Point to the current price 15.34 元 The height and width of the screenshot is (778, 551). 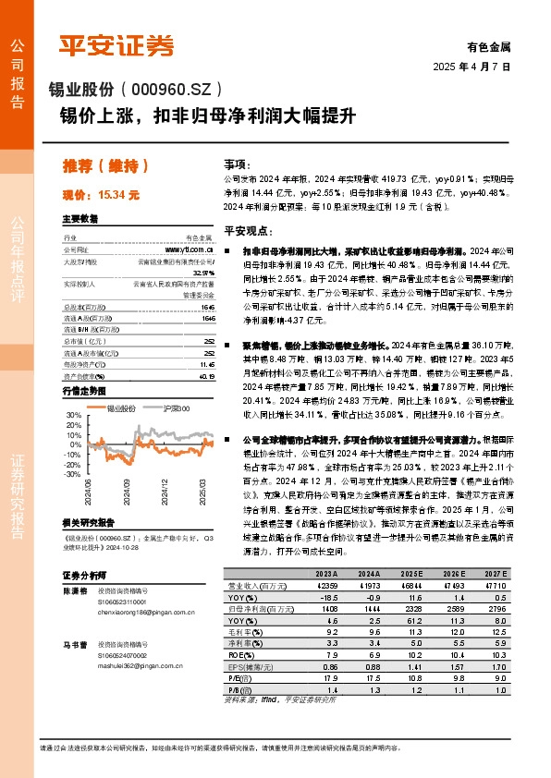[101, 195]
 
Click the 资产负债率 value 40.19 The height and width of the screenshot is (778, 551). [206, 376]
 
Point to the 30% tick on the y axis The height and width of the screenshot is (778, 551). [74, 417]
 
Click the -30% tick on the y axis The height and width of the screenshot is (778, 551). [73, 474]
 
